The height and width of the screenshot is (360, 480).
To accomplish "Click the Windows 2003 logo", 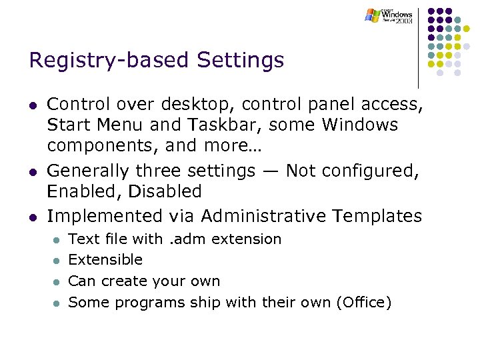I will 389,16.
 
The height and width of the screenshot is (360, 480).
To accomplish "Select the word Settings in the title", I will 240,61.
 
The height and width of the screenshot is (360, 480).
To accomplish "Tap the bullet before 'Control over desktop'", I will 32,105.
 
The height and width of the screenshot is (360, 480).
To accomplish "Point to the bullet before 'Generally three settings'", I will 32,172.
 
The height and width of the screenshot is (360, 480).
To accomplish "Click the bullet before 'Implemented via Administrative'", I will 32,217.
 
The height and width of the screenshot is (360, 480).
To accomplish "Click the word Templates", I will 378,216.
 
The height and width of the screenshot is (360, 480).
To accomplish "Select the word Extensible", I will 105,260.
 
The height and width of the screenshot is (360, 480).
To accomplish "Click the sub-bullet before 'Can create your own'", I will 57,282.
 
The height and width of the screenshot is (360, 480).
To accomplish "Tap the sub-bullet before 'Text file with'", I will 57,239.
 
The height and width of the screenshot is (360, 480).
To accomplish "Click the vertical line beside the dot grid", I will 419,47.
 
